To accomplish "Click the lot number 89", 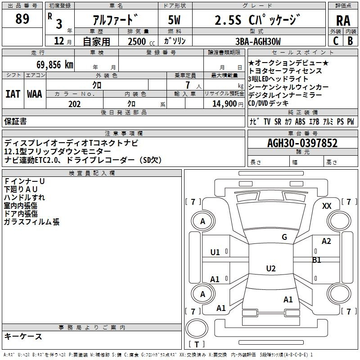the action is click(x=22, y=18).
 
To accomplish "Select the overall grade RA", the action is click(x=343, y=21).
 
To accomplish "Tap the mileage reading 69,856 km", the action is click(x=54, y=65).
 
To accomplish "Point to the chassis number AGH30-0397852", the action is click(x=302, y=143).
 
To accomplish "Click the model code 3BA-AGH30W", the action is click(x=258, y=41).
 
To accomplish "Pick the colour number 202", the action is click(x=74, y=104).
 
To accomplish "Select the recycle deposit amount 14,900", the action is click(x=224, y=104).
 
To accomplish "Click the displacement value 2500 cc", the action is click(x=141, y=41).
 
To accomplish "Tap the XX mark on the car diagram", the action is click(x=327, y=206).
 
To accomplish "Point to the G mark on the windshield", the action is click(x=284, y=237).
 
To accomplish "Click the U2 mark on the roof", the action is click(x=271, y=268).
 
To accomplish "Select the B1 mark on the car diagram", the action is click(x=316, y=260).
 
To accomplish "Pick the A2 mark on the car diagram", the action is click(x=326, y=241).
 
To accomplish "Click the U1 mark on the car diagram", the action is click(x=215, y=252).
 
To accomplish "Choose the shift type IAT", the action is click(x=13, y=94).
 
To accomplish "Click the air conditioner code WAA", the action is click(x=35, y=94).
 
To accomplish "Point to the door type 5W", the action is click(x=174, y=20).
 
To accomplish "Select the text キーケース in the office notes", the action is click(x=23, y=336).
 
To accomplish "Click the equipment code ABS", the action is click(x=300, y=121).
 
